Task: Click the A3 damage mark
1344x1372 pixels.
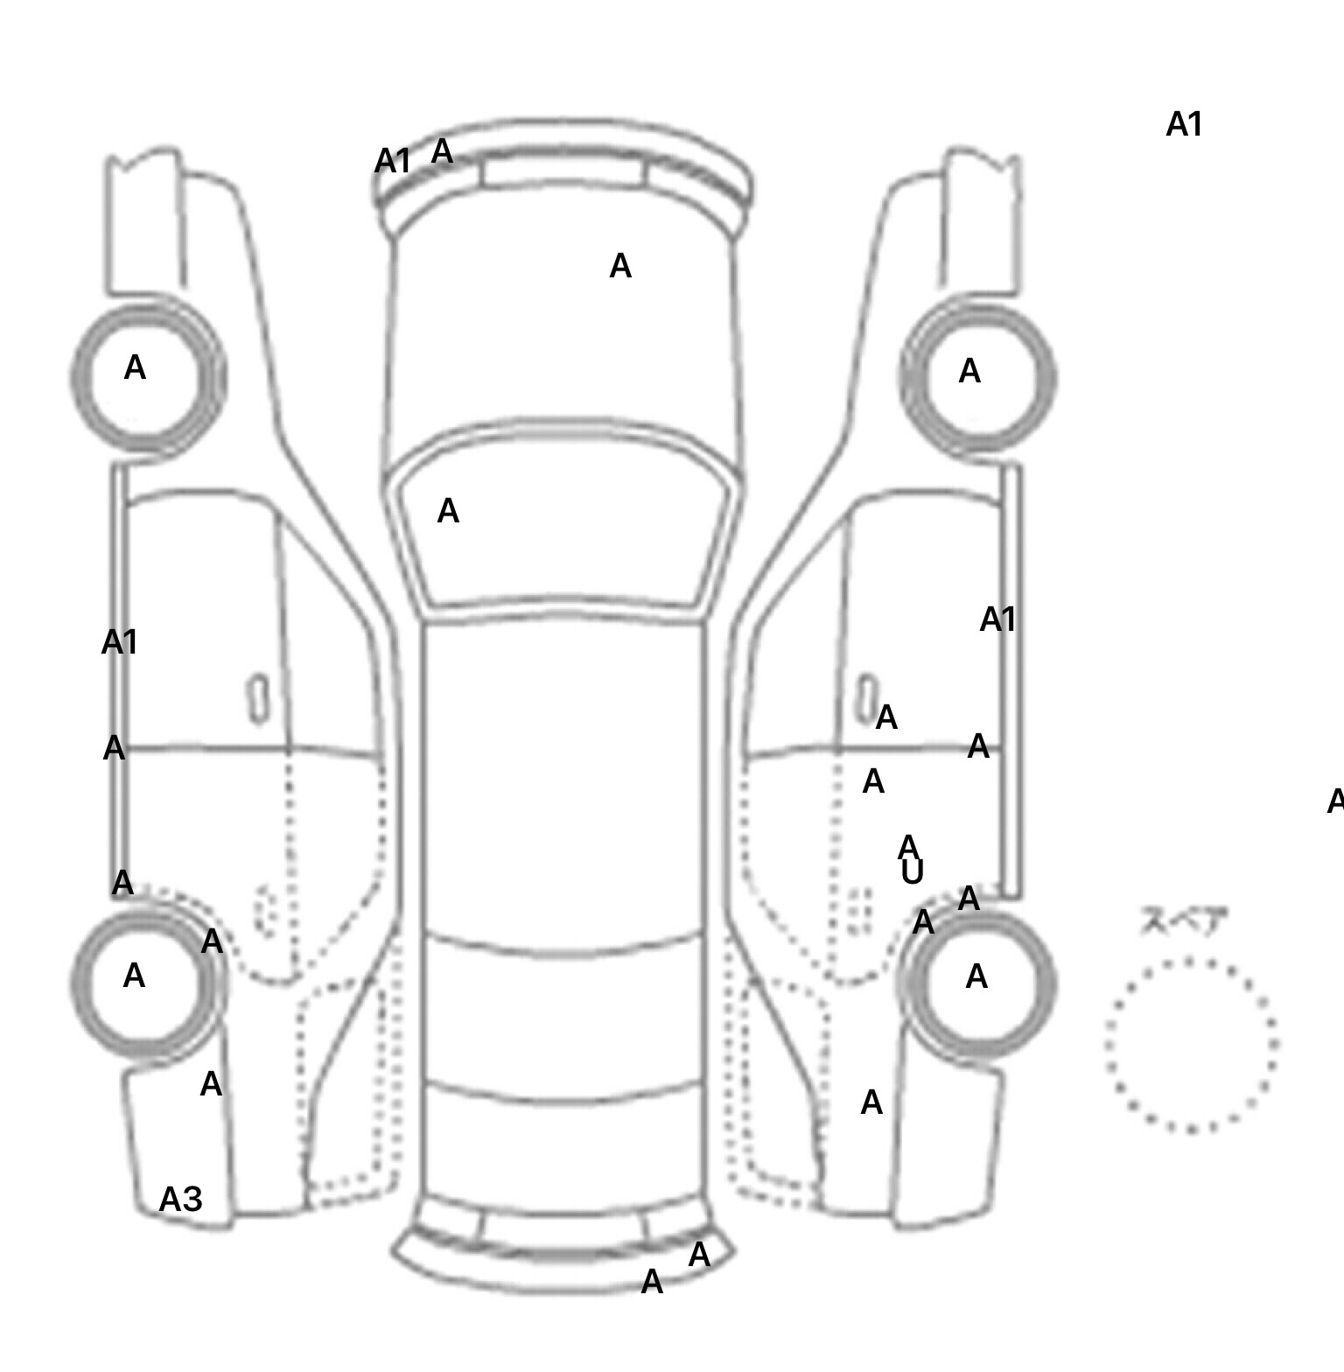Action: pos(180,1199)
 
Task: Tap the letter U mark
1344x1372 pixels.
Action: pos(912,872)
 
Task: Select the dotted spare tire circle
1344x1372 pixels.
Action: pos(1191,1045)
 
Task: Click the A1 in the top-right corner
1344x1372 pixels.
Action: pos(1185,125)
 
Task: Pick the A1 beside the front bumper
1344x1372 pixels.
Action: pos(392,161)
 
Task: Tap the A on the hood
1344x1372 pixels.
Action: pos(620,266)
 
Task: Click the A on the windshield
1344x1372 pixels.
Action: pos(448,511)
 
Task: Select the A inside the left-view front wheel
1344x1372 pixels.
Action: pos(135,368)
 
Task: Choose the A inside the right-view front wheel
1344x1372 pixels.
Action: pos(969,372)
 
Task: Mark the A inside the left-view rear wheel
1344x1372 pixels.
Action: pos(134,976)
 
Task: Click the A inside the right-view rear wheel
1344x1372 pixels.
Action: pos(976,976)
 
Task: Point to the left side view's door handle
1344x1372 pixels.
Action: pos(258,699)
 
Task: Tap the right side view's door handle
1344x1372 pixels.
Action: pos(866,697)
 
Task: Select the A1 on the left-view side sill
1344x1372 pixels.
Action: pos(119,643)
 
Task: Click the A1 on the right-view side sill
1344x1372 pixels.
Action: pos(997,620)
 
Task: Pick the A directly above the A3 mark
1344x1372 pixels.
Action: pos(211,1085)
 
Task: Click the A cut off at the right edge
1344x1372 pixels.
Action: pos(1335,801)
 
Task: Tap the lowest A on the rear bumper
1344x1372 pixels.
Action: pos(652,1283)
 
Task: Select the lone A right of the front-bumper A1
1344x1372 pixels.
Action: pos(443,152)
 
